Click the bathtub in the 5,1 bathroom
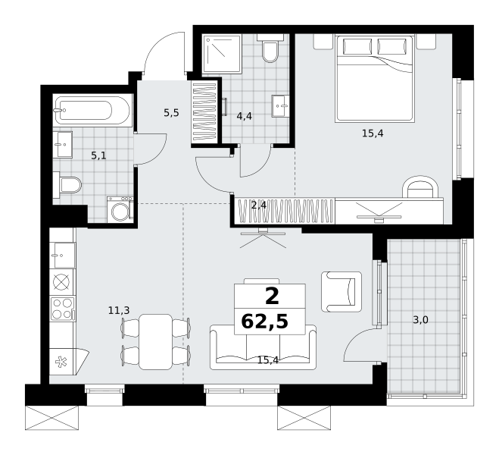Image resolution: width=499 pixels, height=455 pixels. point(92,110)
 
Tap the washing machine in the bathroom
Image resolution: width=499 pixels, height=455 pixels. point(120,209)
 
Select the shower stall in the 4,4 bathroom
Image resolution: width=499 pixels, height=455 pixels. point(222,54)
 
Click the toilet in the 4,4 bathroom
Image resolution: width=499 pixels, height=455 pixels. point(270,49)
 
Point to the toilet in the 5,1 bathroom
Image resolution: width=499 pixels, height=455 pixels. point(67,185)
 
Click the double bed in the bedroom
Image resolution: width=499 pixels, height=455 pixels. point(375,78)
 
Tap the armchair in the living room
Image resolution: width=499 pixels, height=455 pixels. point(342,291)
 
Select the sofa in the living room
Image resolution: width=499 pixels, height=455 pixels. point(263,347)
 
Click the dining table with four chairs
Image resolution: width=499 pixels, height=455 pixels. point(156,342)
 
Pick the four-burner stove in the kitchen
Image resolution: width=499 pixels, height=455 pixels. point(62,309)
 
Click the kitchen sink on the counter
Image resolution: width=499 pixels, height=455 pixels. point(64,256)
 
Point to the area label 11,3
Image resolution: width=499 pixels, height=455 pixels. point(119,310)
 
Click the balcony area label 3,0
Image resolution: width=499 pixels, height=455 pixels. point(420,319)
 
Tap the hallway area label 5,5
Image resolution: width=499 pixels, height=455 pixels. point(171,112)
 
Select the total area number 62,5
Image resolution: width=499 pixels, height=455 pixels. point(265,322)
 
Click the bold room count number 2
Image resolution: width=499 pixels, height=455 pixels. point(272,296)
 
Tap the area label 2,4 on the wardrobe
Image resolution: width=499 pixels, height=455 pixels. point(259,206)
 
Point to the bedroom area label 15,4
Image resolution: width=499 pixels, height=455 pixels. point(373,133)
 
